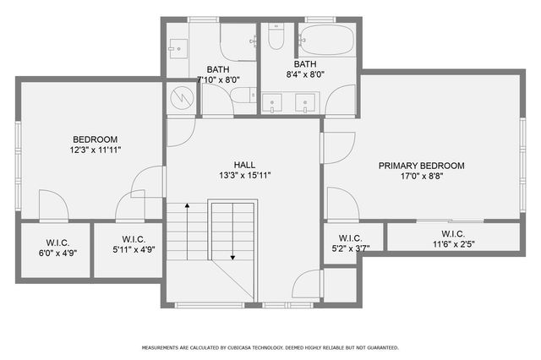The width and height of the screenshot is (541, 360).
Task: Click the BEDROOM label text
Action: pos(95,139)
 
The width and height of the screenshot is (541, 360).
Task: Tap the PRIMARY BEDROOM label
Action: pos(421,166)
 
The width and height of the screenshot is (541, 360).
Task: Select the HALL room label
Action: pos(244,165)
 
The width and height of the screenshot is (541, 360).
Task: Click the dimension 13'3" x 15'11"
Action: pos(244,176)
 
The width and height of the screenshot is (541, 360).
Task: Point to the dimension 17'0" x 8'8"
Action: pos(421,177)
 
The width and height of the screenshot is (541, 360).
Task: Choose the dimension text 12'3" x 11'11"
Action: pos(95,150)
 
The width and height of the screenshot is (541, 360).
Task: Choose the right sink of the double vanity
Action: pos(306,103)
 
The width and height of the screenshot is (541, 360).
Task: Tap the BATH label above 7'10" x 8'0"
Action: pos(219,70)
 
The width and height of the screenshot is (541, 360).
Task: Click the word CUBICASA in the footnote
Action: pos(239,347)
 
